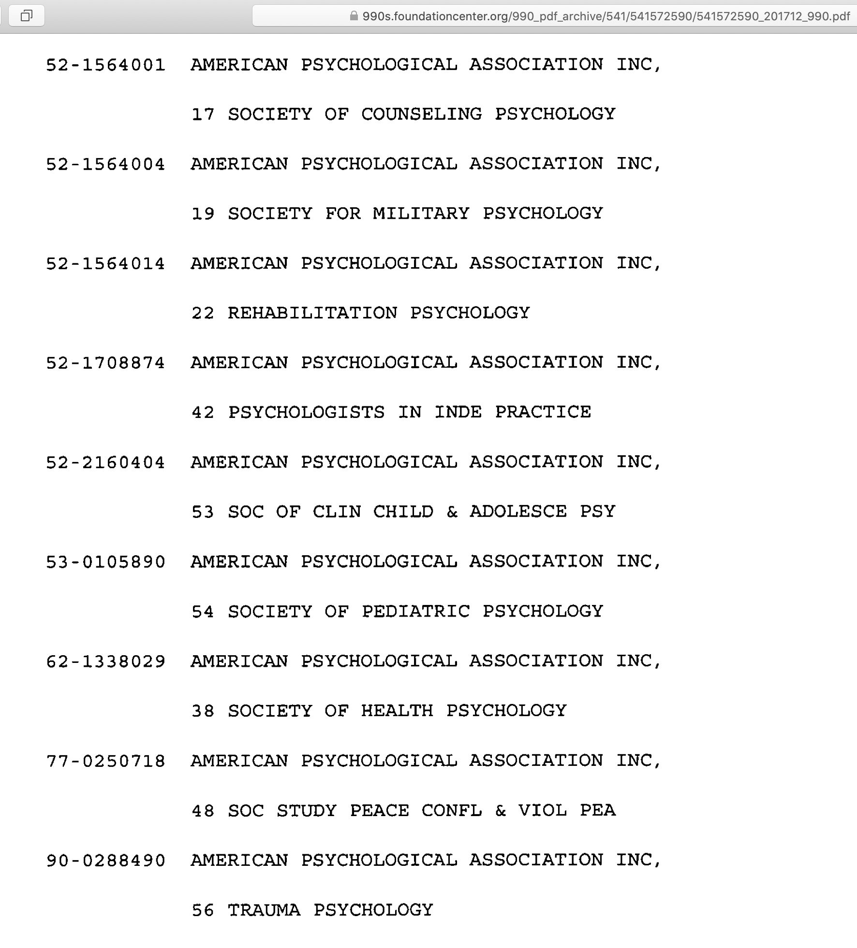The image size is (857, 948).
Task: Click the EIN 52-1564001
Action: click(105, 65)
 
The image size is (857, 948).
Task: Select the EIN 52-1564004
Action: click(105, 165)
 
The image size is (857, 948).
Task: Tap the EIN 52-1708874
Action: click(105, 363)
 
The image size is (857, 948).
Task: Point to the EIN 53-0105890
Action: click(105, 562)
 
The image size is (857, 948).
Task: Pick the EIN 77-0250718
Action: click(105, 761)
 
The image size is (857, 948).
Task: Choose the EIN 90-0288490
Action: click(105, 861)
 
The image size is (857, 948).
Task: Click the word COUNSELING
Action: click(421, 115)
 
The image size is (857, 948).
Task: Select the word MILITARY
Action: click(421, 214)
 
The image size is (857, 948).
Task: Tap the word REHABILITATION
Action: click(312, 313)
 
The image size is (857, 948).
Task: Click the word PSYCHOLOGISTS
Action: click(306, 413)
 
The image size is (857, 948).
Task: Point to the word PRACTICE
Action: click(543, 412)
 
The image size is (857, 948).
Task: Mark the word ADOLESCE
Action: click(518, 512)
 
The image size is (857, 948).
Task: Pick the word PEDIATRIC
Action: click(415, 612)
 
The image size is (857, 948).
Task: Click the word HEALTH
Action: click(397, 711)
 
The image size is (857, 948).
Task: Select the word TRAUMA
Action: click(264, 910)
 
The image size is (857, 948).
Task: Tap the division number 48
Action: click(203, 811)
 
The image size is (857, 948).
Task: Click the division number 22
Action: click(203, 314)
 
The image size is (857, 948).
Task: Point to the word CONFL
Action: click(452, 810)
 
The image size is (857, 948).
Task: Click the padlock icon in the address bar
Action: click(354, 16)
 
